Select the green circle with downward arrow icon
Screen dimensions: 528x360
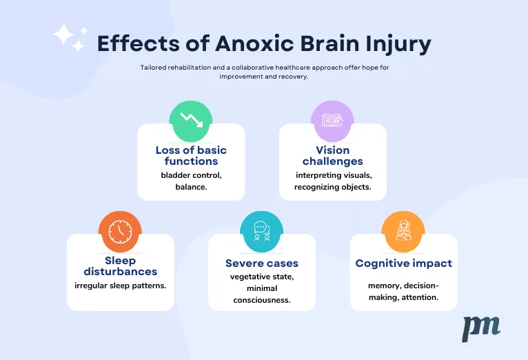point(191,121)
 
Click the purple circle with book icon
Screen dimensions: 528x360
point(332,121)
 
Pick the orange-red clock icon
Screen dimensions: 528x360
point(120,232)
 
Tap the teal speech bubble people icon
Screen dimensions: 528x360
point(262,232)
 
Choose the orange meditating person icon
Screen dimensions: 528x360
point(403,232)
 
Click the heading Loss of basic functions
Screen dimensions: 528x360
point(191,156)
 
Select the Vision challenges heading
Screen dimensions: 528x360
point(333,156)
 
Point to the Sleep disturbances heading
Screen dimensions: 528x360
point(120,266)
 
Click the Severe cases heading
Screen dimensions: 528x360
point(262,263)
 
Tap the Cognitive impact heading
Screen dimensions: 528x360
point(404,263)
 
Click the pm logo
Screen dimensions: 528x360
point(481,329)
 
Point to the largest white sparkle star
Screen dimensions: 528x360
point(63,34)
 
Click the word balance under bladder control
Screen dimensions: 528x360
point(191,187)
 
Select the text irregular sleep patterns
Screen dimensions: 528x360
point(120,286)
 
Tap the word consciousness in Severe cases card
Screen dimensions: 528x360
point(262,300)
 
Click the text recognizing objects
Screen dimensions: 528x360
point(333,187)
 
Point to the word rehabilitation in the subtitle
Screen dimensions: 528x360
point(190,68)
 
